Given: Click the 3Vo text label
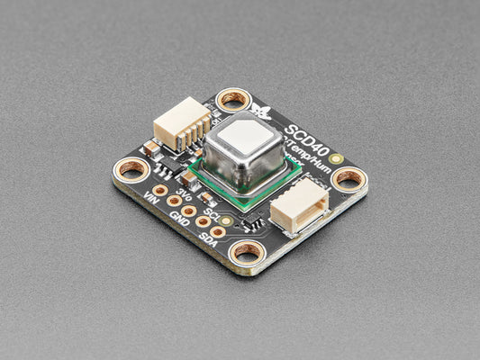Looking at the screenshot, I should tap(184, 194).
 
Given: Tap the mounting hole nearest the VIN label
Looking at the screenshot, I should tap(131, 168).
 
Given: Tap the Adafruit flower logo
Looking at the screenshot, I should tap(263, 112).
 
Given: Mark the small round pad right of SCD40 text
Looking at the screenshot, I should tap(336, 158).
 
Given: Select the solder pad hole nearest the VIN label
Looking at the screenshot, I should tap(159, 191).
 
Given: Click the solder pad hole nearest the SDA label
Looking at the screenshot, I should tap(218, 231).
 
